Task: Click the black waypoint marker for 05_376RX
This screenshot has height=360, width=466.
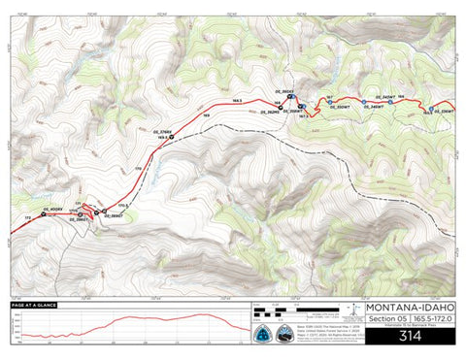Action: point(173,138)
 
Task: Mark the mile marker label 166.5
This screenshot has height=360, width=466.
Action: point(236,101)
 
